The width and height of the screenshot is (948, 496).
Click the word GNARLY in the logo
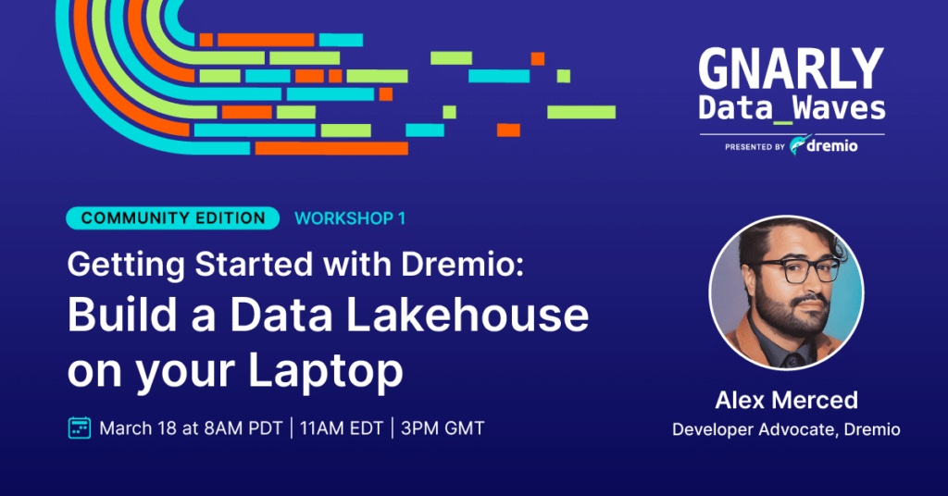792,69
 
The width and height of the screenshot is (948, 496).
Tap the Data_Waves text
792,109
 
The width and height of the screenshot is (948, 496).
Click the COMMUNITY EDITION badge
173,218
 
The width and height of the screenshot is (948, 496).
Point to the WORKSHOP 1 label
350,218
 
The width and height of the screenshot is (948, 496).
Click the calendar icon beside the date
80,428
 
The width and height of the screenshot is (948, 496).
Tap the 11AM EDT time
342,428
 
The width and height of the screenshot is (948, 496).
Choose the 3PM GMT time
443,428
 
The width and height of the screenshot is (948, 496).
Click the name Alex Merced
787,400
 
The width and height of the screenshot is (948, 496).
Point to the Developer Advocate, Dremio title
787,429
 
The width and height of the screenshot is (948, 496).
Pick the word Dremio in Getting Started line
463,265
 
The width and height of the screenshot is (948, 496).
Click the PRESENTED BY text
755,147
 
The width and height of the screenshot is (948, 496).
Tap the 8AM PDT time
243,428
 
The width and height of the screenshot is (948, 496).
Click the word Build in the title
123,316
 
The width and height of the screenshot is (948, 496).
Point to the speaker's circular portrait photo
787,292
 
